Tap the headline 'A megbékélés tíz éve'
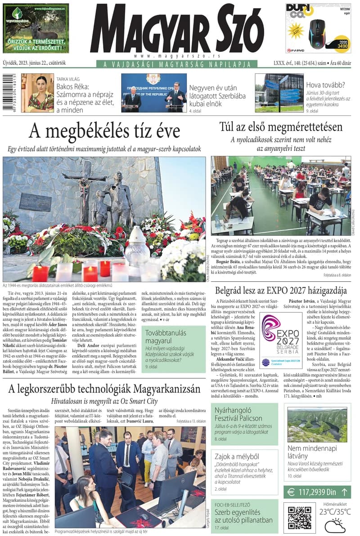pos(104,131)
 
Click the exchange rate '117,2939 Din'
pos(318,492)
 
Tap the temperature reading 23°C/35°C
pos(335,511)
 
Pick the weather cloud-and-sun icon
pos(335,525)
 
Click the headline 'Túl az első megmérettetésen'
pos(281,127)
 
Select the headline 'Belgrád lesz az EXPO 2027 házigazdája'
pos(281,290)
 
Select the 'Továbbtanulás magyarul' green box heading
pos(160,337)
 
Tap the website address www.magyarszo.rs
pos(177,56)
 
